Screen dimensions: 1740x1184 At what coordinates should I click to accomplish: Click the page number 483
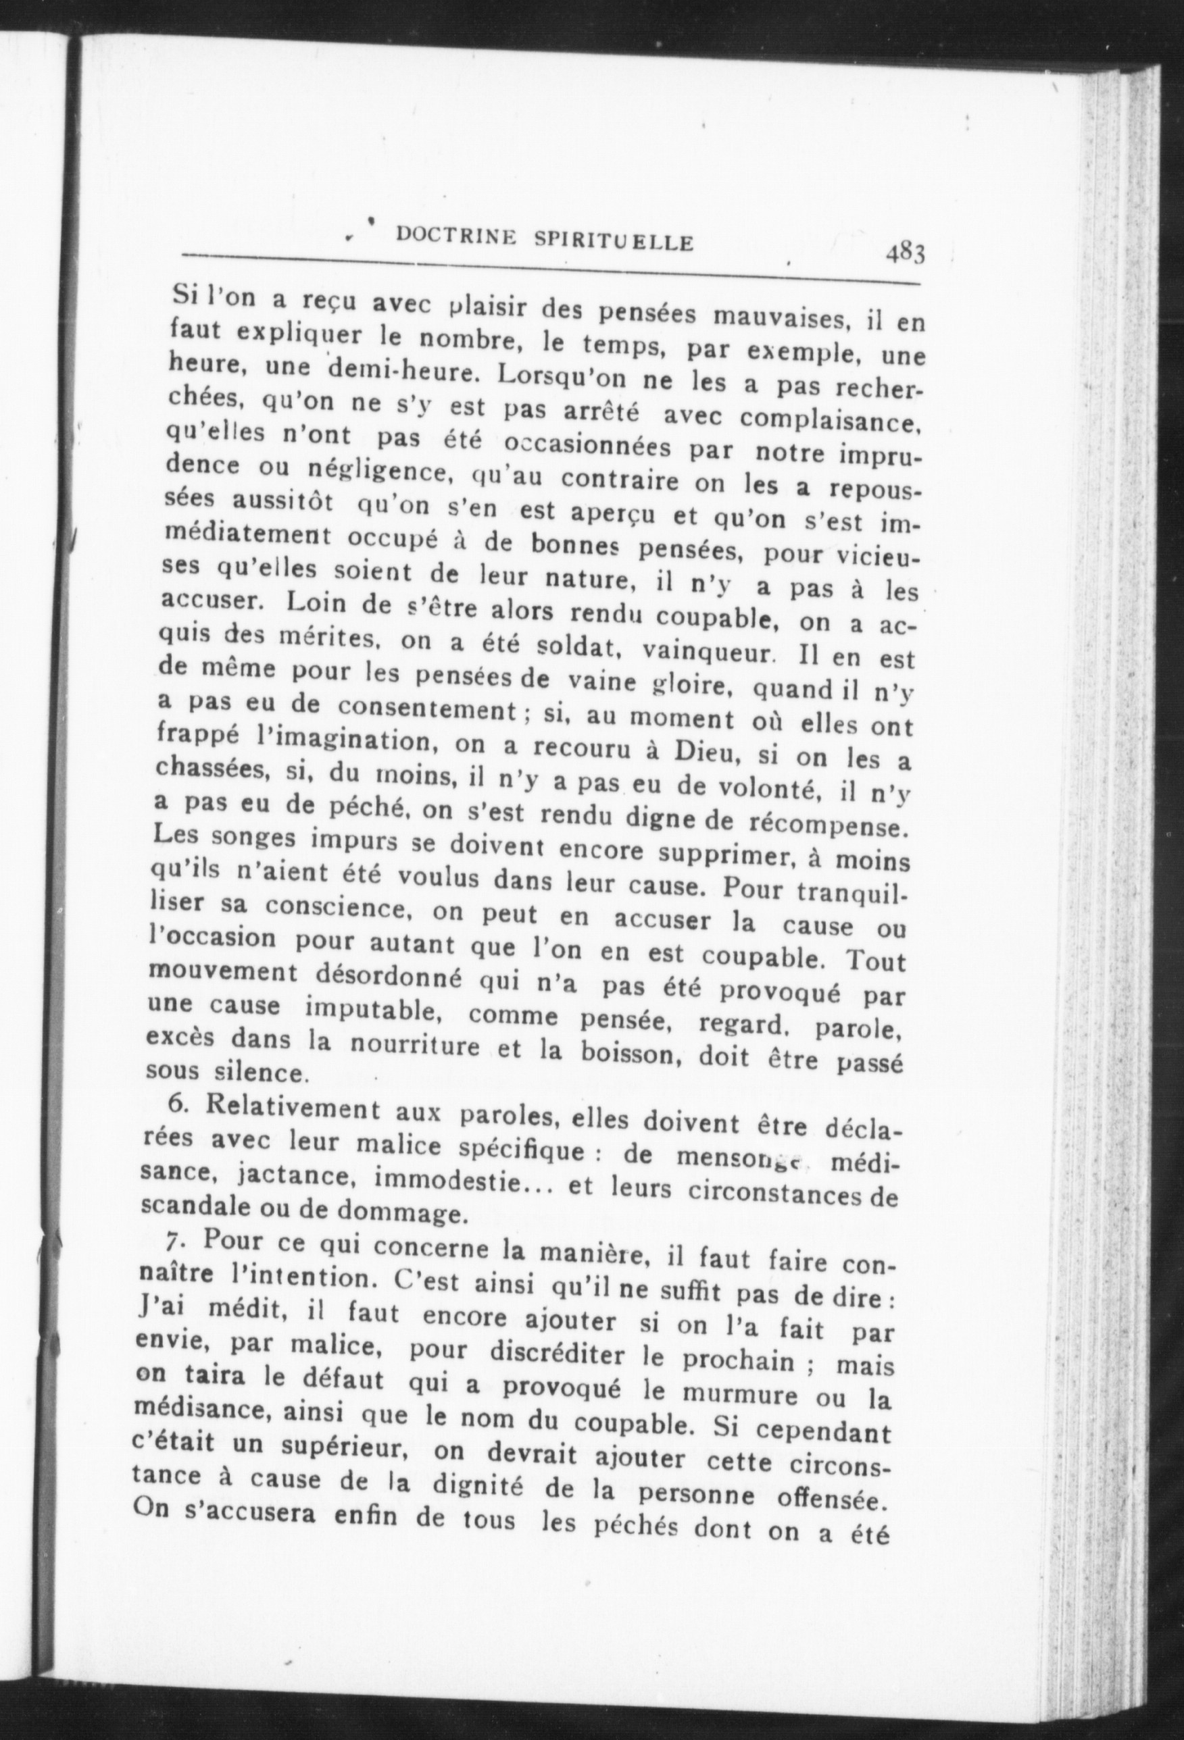point(905,253)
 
